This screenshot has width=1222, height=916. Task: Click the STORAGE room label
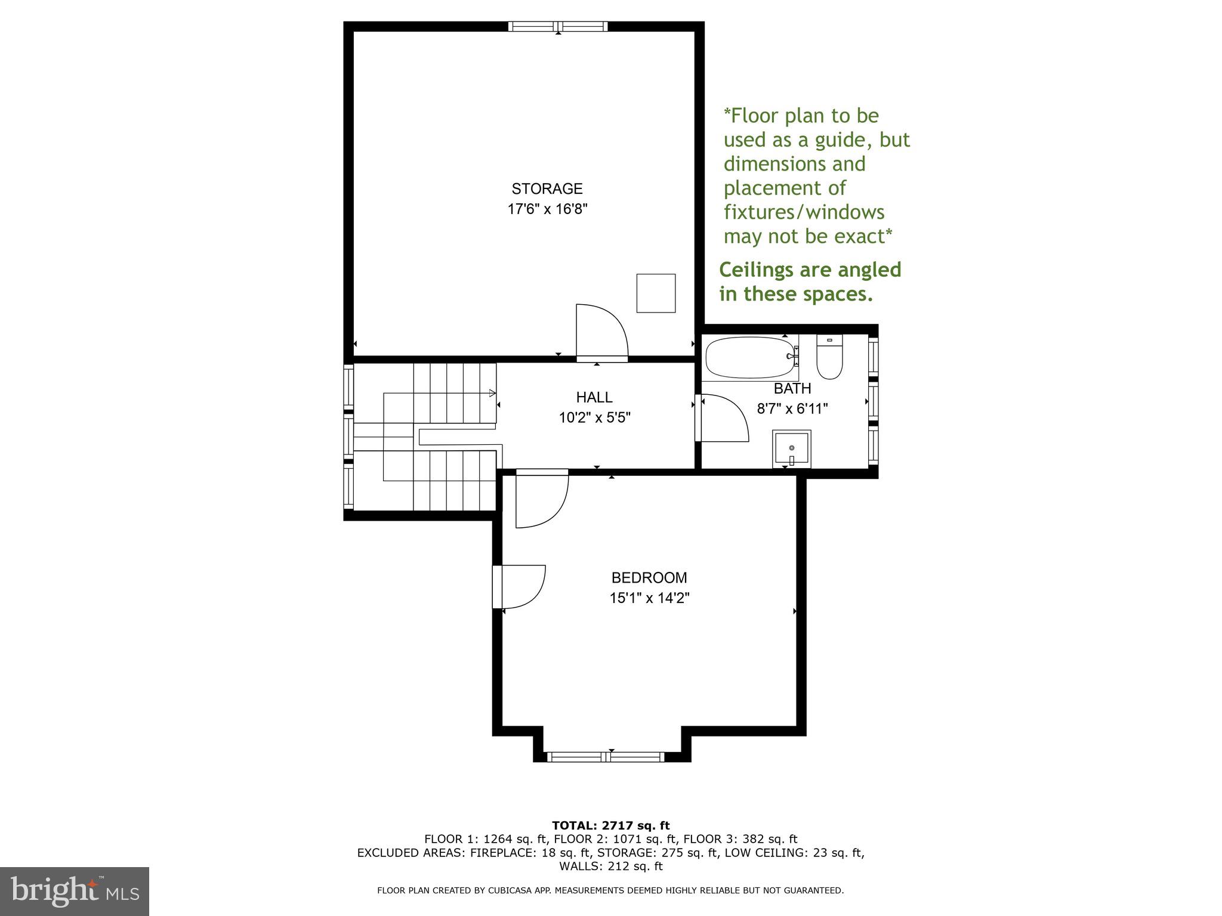coord(547,189)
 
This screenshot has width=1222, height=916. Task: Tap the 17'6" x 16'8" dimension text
coord(547,209)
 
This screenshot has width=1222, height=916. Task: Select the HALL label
coord(594,397)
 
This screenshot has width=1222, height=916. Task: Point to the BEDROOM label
coord(649,578)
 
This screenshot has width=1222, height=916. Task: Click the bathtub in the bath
coord(749,357)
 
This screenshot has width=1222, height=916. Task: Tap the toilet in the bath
coord(829,358)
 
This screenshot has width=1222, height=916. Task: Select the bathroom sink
coord(791,449)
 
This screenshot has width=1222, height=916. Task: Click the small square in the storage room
coord(656,293)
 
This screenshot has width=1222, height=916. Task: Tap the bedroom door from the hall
coord(540,500)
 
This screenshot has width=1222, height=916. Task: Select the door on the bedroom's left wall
coord(521,587)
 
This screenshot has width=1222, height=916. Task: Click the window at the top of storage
coord(558,26)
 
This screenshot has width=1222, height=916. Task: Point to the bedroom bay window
coord(606,757)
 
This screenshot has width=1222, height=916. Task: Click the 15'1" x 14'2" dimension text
coord(649,598)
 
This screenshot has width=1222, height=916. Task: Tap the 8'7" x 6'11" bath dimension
coord(792,409)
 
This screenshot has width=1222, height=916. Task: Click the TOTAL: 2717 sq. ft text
coord(610,826)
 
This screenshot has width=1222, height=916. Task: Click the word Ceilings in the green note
coord(754,270)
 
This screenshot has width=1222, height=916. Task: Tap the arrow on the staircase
coord(492,392)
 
